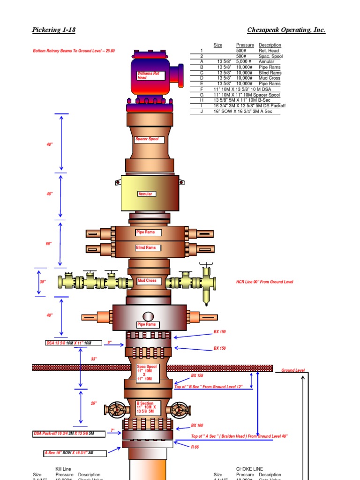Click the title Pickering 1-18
[x=53, y=30]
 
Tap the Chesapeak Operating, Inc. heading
[x=286, y=30]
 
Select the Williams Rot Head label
[x=150, y=76]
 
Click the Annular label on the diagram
[x=146, y=194]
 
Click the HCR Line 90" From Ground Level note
[x=264, y=282]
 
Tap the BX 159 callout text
[x=219, y=332]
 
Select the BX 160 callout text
[x=197, y=425]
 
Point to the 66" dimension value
[x=49, y=244]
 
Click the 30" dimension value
[x=43, y=282]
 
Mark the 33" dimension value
[x=94, y=359]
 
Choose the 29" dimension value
[x=94, y=403]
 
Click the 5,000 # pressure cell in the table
[x=245, y=61]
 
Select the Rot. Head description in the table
[x=269, y=50]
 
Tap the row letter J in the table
[x=202, y=111]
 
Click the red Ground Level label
[x=292, y=370]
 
